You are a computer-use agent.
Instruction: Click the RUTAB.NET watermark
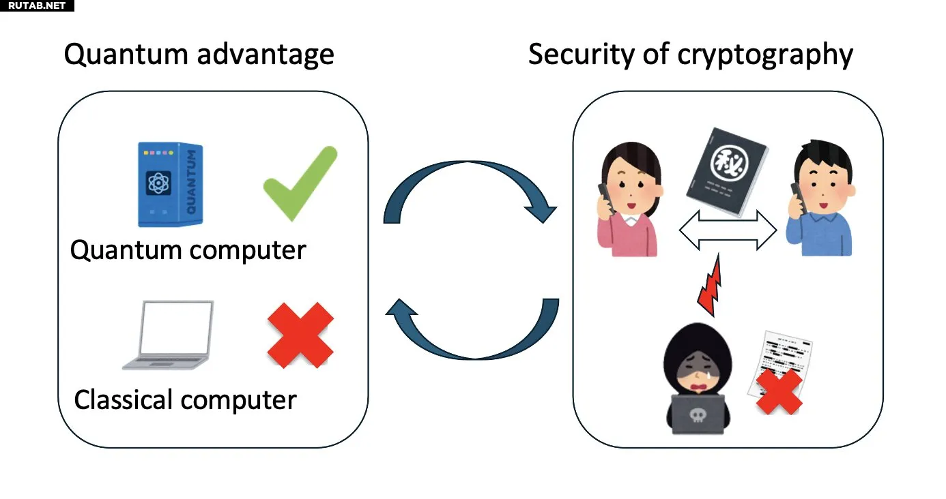pos(37,5)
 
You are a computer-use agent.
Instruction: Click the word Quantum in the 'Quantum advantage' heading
pos(126,55)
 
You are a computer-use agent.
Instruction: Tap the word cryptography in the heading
pos(765,55)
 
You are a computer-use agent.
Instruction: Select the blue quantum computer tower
pos(170,184)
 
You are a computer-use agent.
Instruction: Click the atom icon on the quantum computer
pos(158,183)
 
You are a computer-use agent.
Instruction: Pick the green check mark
pos(300,183)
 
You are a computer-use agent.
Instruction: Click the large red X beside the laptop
pos(300,335)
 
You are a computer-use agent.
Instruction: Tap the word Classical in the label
pos(123,400)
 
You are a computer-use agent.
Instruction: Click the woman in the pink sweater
pos(629,200)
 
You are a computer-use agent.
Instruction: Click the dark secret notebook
pos(727,172)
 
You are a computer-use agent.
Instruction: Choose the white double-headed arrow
pos(728,230)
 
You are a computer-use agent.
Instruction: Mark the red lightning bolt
pos(711,285)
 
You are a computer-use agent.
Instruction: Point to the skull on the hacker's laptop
pos(698,416)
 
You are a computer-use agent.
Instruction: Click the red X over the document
pos(779,392)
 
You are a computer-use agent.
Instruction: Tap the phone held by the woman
pos(605,198)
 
